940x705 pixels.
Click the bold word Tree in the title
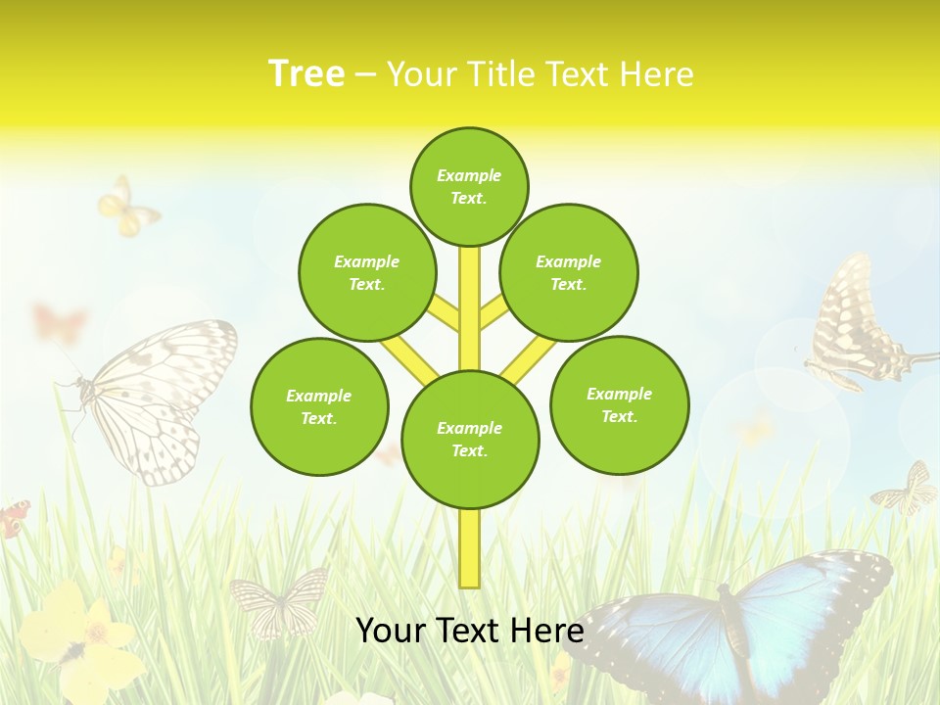pos(306,73)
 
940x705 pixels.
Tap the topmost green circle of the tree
pos(469,186)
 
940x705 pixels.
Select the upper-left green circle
pos(367,272)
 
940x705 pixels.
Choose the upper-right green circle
pos(569,272)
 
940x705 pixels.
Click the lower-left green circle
pos(319,406)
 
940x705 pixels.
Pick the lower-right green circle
pos(619,404)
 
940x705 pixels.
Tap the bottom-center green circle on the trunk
pos(470,440)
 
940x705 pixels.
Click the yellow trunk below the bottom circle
pos(470,548)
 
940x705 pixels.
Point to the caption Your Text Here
pos(470,630)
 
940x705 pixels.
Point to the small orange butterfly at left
pos(59,321)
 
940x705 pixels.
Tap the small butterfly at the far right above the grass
pos(909,490)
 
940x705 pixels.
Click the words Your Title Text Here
pos(540,74)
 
